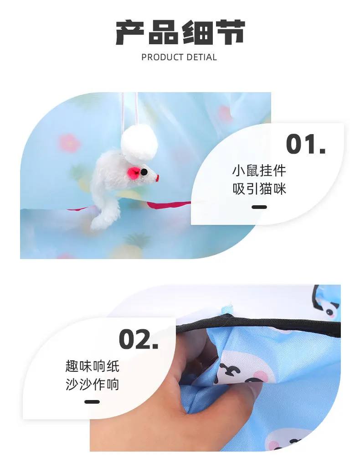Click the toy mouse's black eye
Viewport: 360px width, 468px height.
144,172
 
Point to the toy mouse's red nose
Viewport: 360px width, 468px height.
158,178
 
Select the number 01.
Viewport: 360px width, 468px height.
306,144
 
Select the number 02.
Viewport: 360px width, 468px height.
139,339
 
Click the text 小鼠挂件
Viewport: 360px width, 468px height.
259,171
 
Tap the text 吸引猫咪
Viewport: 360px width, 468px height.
259,189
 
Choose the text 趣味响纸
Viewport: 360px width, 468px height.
92,366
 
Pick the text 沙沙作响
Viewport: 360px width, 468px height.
92,384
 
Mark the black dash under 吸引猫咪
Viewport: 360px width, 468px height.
259,207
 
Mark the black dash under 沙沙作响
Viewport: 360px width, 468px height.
92,402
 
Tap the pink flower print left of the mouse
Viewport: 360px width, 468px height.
69,143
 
